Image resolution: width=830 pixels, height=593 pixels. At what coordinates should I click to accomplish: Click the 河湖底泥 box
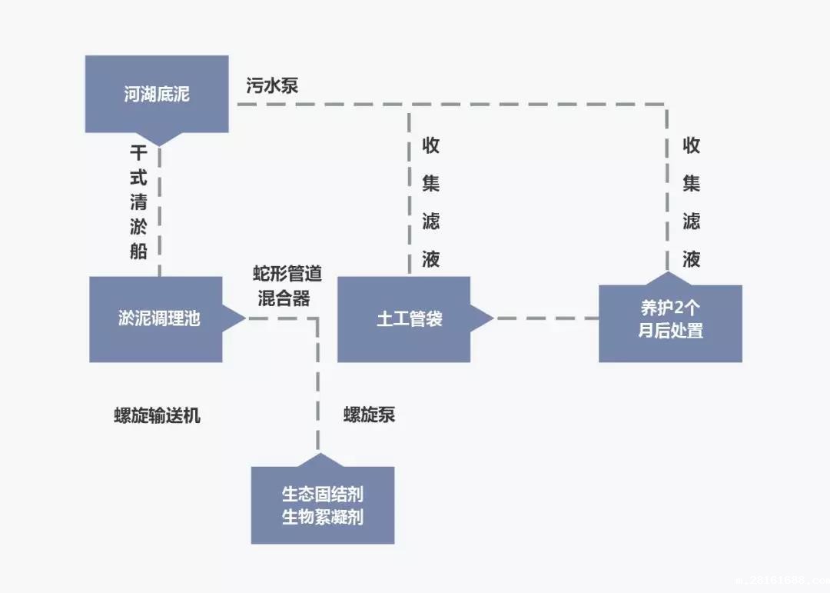(x=156, y=94)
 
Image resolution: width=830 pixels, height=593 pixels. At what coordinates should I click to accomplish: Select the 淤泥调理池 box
(x=156, y=318)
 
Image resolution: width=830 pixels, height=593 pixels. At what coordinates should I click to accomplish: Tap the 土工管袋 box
(x=404, y=318)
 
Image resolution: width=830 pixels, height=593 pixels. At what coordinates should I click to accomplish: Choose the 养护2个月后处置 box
(x=671, y=323)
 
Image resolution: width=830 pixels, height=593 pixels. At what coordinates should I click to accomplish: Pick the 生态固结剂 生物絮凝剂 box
(x=323, y=505)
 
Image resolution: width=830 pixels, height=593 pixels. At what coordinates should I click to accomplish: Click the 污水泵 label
(x=272, y=85)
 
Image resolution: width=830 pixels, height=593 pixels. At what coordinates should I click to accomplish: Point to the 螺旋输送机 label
(x=157, y=415)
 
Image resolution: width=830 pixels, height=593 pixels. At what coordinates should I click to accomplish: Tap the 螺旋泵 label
(x=369, y=415)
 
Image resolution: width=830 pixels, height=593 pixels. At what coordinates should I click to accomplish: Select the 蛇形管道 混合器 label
(x=287, y=286)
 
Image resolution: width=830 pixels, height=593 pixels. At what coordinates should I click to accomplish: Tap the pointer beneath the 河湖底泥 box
(x=159, y=139)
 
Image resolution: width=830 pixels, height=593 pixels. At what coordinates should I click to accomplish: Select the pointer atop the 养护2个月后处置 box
(x=666, y=278)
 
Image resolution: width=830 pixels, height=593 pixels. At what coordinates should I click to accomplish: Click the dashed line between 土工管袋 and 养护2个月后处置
(x=546, y=318)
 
